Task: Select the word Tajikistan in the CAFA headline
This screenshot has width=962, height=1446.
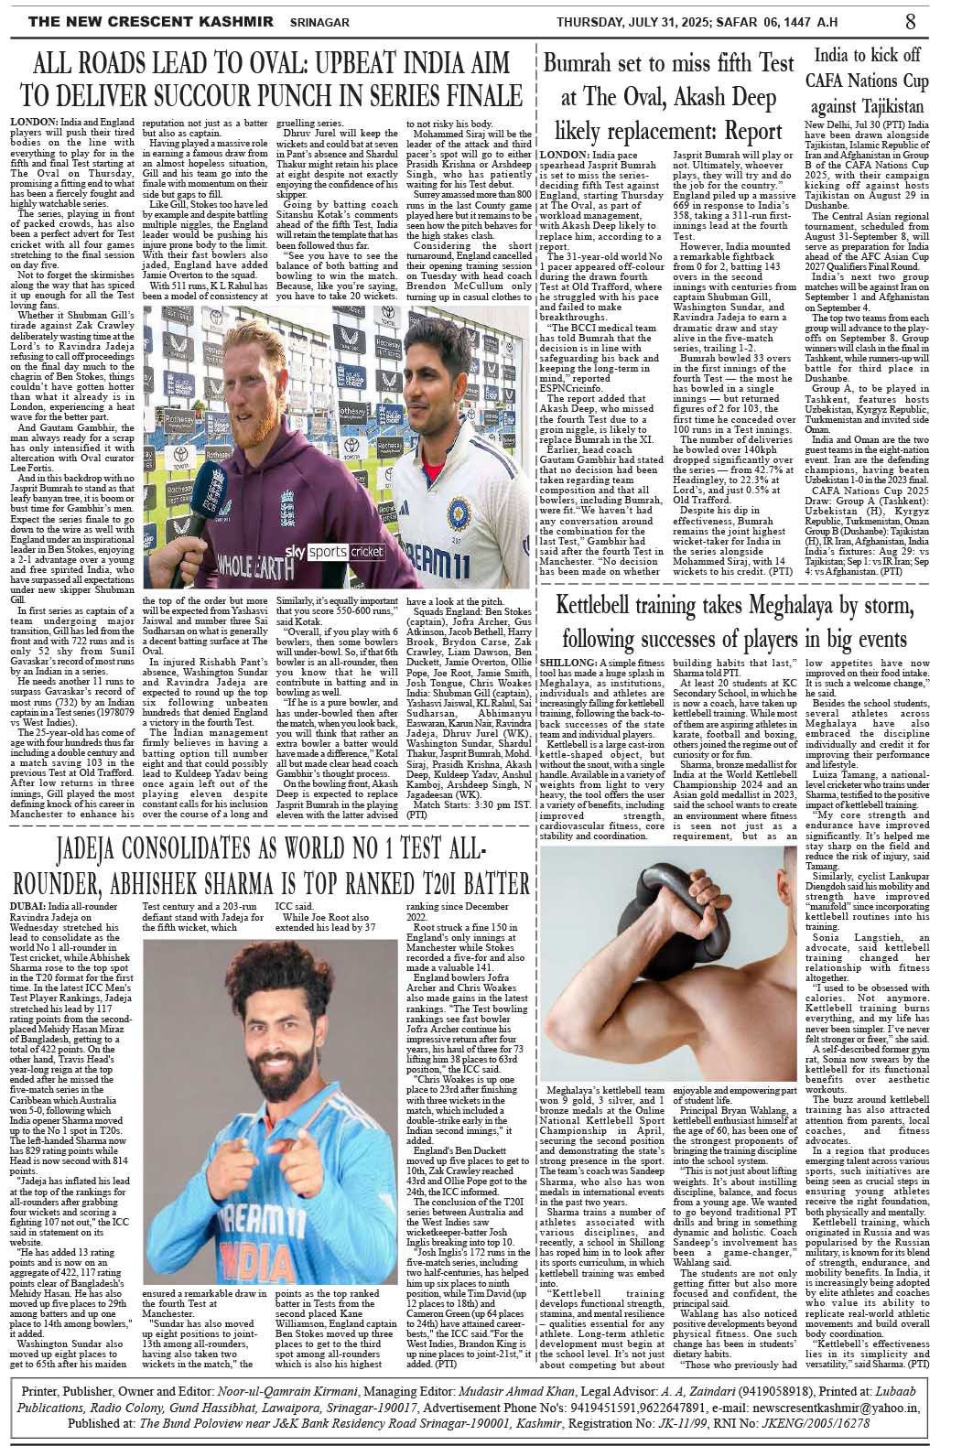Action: [878, 106]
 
